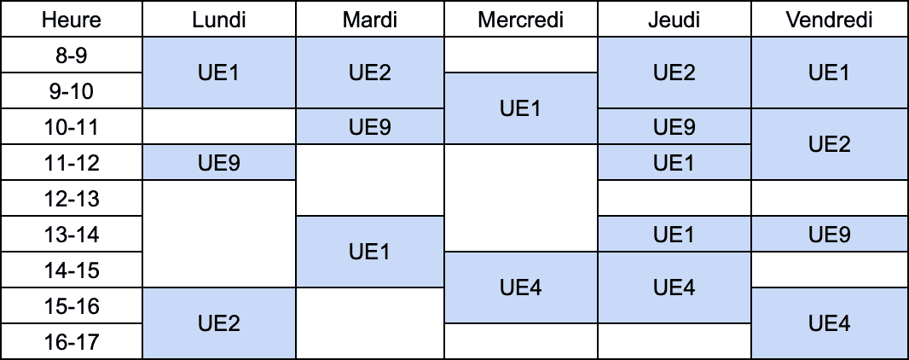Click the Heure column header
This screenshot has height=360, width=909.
[x=72, y=19]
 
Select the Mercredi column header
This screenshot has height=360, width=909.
[x=521, y=19]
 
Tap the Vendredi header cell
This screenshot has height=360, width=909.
[x=830, y=19]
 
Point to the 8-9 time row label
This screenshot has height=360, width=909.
[x=72, y=55]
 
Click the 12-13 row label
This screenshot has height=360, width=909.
[x=72, y=198]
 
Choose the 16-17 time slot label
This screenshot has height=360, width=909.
[x=72, y=341]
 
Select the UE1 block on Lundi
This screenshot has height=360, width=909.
[x=219, y=73]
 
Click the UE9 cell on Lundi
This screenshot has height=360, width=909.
[x=219, y=162]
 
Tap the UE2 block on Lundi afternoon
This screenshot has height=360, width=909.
[x=219, y=323]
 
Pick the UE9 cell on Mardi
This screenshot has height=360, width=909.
[x=370, y=126]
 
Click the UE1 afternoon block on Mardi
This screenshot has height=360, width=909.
[x=370, y=252]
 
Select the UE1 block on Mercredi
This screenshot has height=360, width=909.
[x=521, y=108]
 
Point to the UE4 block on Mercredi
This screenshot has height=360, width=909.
[x=521, y=287]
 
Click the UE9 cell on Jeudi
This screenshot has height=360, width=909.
[x=675, y=126]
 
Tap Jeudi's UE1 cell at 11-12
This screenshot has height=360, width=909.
[x=675, y=162]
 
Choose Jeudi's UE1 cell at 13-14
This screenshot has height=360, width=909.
[x=675, y=235]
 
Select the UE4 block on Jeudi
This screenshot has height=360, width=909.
[x=675, y=287]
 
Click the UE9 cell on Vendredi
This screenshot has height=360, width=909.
[x=830, y=235]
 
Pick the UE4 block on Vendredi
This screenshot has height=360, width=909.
[x=830, y=323]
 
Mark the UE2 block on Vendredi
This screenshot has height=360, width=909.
[x=830, y=144]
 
